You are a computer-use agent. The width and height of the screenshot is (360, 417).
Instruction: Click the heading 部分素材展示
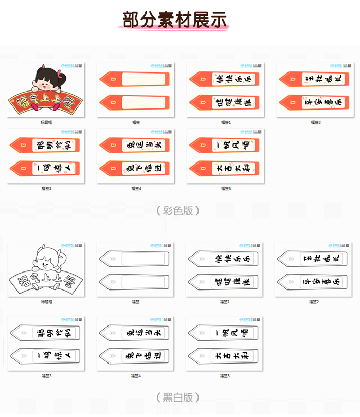[x=175, y=19]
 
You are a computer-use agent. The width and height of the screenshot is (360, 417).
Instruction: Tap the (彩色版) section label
[x=177, y=210]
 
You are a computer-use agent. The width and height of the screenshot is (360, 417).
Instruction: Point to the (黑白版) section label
[x=177, y=397]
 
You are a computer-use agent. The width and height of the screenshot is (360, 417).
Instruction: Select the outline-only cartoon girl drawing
[x=47, y=262]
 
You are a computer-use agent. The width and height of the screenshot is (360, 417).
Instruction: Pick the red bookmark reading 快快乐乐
[x=225, y=80]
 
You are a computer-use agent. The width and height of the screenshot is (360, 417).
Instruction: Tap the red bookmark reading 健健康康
[x=225, y=102]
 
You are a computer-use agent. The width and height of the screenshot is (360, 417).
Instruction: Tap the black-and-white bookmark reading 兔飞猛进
[x=135, y=355]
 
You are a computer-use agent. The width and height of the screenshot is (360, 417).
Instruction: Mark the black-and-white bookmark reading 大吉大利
[x=225, y=355]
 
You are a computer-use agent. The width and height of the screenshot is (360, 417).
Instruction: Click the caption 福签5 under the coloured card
[x=226, y=189]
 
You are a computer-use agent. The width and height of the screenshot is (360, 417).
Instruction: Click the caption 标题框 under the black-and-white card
[x=46, y=302]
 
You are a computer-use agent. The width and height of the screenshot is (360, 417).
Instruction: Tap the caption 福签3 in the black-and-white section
[x=47, y=376]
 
